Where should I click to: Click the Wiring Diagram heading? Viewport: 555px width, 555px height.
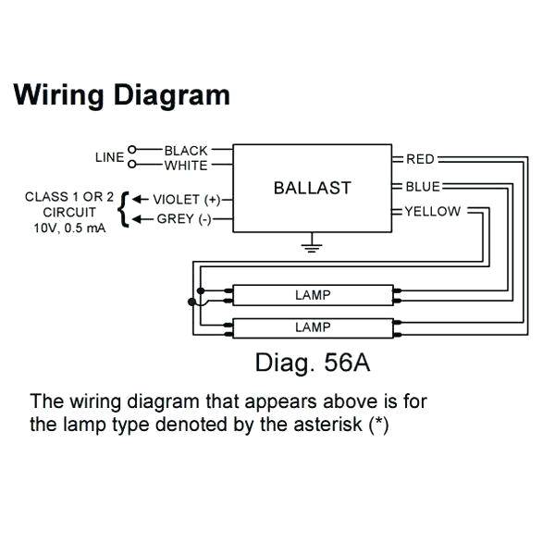121,95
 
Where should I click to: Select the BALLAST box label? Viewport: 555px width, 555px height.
312,188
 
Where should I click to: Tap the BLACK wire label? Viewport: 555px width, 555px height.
186,151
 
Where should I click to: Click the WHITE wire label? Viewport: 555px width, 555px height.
186,166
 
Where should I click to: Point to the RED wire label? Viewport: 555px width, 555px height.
420,159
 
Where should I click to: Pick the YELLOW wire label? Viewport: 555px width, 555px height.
432,212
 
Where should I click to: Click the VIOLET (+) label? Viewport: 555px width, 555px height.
187,200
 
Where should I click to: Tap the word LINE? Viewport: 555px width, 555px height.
109,157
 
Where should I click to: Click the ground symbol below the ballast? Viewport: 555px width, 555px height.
313,245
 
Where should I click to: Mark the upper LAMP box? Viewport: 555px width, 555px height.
313,295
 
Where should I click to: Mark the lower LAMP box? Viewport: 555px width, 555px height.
313,327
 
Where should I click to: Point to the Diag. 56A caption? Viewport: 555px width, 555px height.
313,362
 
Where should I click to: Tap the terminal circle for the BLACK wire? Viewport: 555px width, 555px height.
132,150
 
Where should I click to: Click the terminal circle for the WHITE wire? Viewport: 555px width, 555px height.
132,165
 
